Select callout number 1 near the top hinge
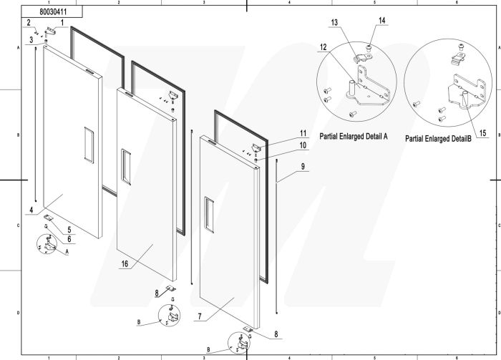[x=62, y=23]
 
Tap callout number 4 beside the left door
[x=31, y=210]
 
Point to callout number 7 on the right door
[x=201, y=316]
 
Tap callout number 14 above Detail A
[x=381, y=21]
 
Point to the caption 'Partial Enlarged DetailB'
[x=437, y=138]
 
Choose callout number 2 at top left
[x=29, y=23]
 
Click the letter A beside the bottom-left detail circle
[x=67, y=251]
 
